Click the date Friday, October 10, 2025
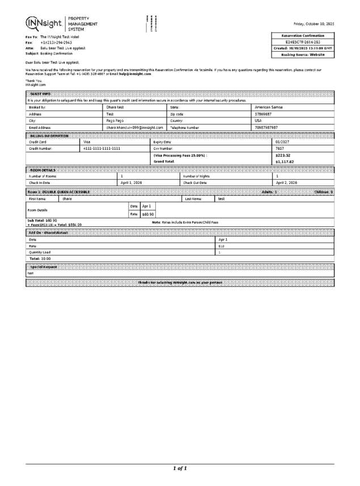(314, 24)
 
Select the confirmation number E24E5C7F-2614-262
(303, 42)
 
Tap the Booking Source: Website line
(303, 55)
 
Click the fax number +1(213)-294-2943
(56, 43)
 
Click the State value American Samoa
(269, 107)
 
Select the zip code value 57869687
(264, 114)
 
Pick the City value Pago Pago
(115, 121)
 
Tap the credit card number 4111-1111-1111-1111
(102, 148)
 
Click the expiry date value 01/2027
(282, 142)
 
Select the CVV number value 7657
(279, 148)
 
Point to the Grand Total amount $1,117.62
(285, 162)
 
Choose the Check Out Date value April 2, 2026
(286, 183)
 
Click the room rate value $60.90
(148, 214)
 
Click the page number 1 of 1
(180, 468)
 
